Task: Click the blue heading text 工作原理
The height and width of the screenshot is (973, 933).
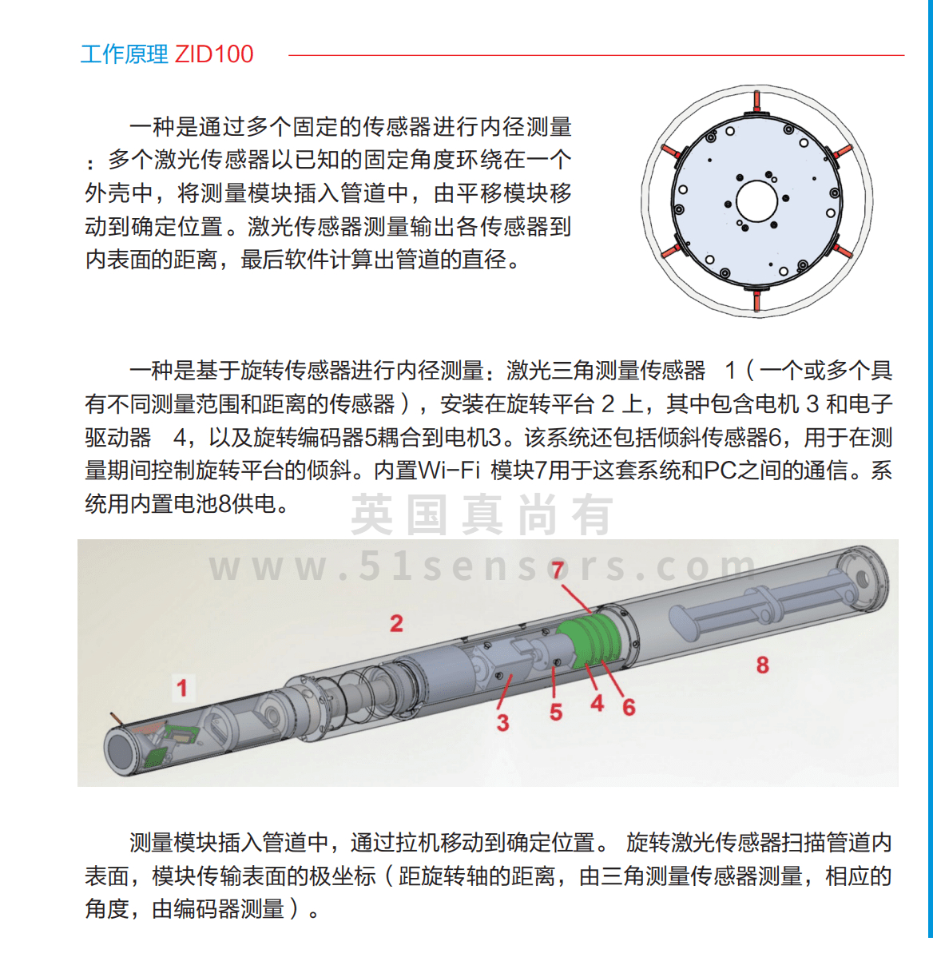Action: [124, 54]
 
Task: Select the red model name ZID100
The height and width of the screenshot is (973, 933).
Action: [214, 54]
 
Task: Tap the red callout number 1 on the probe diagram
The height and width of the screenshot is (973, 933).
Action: [182, 687]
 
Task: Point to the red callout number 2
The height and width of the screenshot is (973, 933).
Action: [396, 623]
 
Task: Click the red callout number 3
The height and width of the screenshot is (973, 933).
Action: [502, 722]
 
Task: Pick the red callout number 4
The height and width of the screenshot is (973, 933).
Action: [597, 703]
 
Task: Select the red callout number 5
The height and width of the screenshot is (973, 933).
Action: [556, 712]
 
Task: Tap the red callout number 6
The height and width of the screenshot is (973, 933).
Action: [629, 707]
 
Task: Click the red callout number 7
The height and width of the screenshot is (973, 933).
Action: [558, 570]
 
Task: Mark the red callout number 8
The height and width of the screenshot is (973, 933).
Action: [763, 665]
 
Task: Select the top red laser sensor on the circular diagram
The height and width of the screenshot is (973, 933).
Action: [756, 101]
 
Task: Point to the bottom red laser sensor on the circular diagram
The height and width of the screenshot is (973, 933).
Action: [756, 300]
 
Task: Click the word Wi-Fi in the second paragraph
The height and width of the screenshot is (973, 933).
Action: [449, 471]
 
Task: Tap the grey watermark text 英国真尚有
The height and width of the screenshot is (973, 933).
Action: [482, 515]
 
